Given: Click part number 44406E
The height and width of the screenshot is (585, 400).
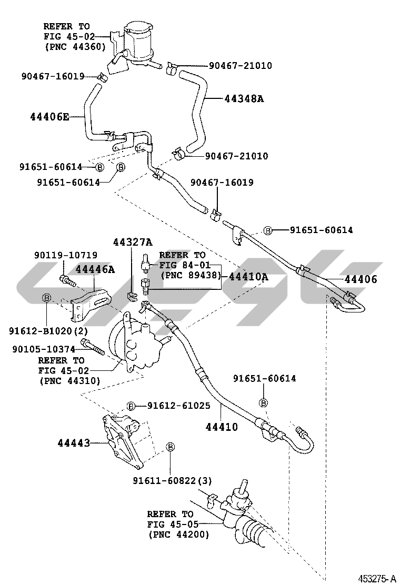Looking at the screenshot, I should tap(49, 116).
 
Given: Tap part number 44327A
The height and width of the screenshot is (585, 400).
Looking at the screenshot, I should tap(132, 242).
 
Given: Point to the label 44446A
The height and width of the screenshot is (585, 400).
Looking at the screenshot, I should tap(95, 269).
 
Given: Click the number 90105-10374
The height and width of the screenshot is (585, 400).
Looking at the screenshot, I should tap(44, 349).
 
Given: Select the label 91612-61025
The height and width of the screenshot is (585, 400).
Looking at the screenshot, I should tap(179, 406).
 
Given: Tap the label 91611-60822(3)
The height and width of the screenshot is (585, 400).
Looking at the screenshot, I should tap(172, 480).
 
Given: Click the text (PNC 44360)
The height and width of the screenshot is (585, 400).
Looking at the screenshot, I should tap(75, 46).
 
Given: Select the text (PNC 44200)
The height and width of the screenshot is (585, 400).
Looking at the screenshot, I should tap(178, 534).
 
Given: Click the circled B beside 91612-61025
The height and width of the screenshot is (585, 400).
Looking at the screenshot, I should tap(131, 406).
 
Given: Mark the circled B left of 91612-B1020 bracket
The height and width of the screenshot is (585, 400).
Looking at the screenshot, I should tap(46, 298).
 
